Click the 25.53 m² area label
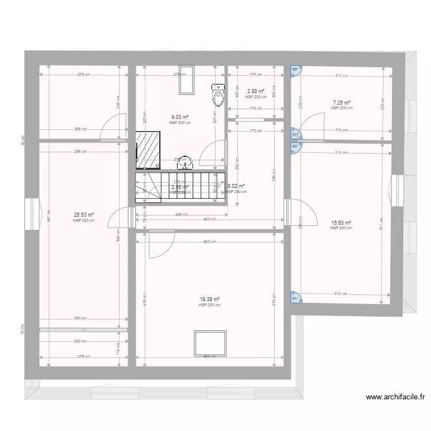pos(83,215)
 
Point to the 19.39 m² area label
pos(210,299)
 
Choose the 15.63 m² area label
pos(341,223)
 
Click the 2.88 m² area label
pos(256,91)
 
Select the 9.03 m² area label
pos(180,117)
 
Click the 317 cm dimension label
pos(341,75)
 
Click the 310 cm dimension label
pos(341,294)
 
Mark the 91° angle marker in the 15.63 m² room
pos(295,298)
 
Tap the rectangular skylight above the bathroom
pos(186,80)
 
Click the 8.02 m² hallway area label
pos(236,186)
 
